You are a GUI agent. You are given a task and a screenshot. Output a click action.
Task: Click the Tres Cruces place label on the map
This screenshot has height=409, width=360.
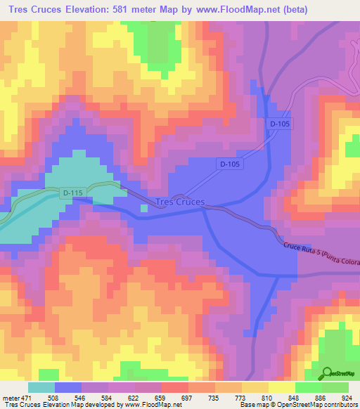179,202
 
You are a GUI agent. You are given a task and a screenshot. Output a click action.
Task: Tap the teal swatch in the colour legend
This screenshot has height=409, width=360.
41,388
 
